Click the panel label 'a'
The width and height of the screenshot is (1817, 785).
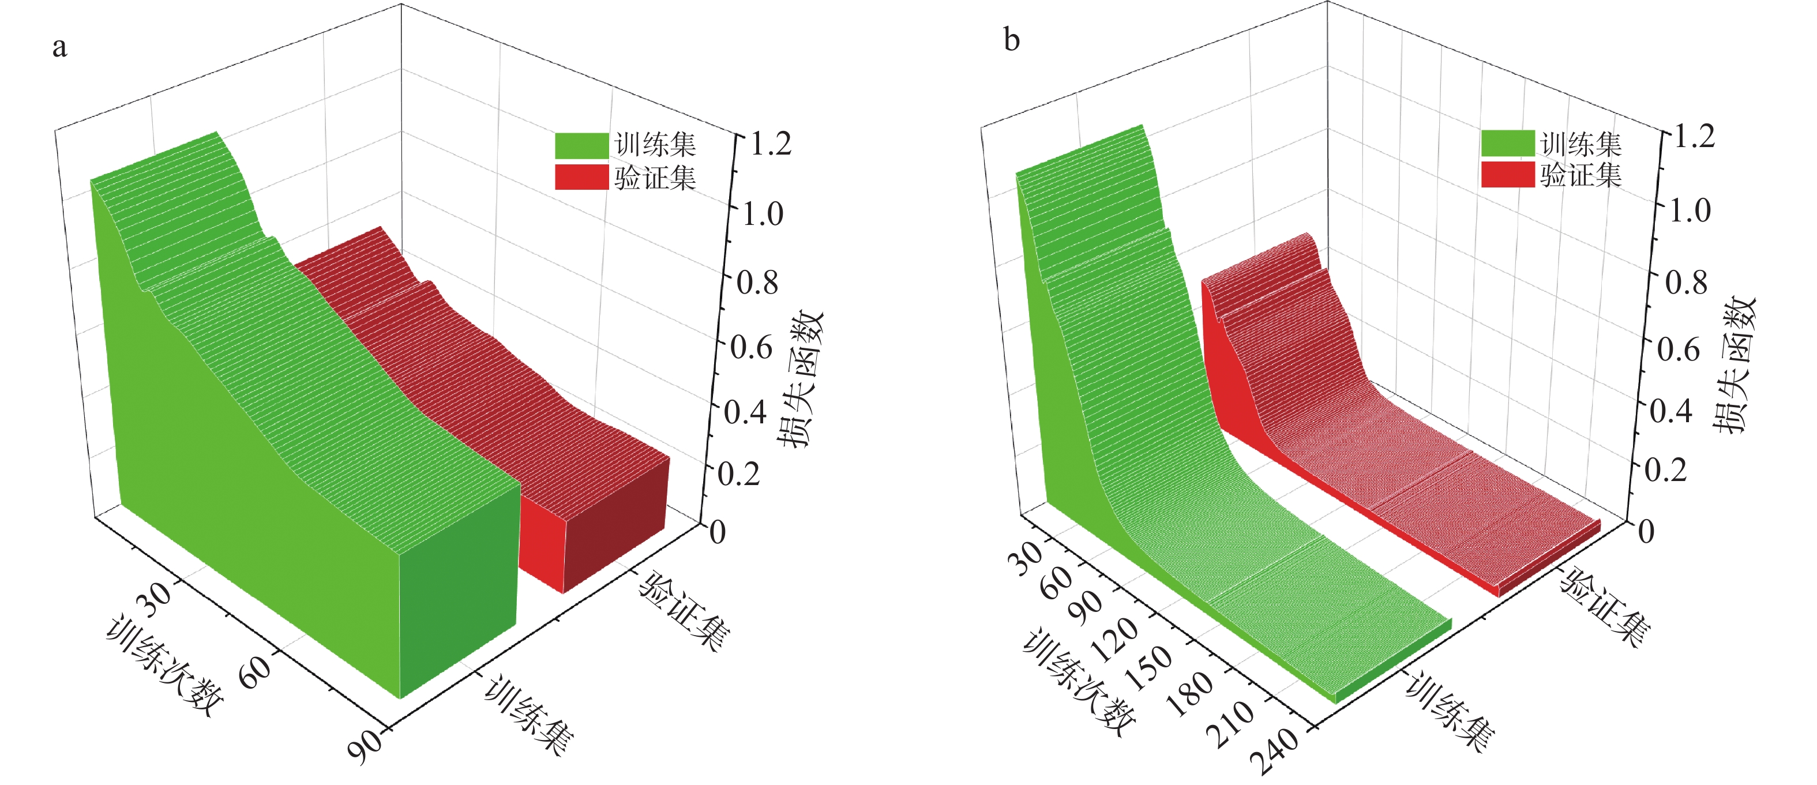click(60, 47)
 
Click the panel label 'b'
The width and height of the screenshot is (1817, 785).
click(1012, 40)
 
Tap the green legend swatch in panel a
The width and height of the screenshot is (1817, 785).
click(581, 145)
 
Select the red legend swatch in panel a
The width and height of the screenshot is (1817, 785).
click(581, 177)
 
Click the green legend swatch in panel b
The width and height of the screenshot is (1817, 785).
click(1507, 143)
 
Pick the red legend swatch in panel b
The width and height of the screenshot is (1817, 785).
click(1507, 174)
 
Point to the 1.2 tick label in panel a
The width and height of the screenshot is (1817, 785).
click(771, 144)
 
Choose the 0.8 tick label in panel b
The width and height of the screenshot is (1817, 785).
click(1686, 283)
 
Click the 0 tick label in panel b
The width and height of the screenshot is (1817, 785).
click(1646, 532)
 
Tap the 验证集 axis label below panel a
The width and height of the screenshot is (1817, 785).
click(684, 611)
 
